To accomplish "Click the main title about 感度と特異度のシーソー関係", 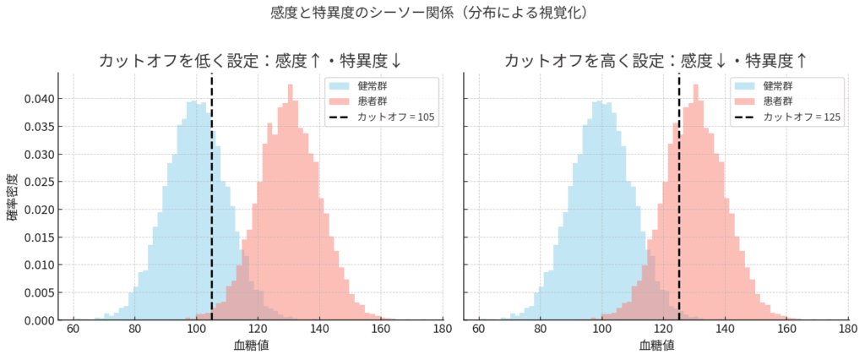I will tap(432, 14).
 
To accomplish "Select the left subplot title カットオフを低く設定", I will tap(251, 61).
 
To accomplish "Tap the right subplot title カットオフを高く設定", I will tap(656, 61).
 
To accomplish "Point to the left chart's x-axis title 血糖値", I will tap(251, 345).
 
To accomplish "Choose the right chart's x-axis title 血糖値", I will tap(656, 345).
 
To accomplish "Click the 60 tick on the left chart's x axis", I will tap(73, 330).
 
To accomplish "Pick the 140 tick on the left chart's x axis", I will tap(319, 330).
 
